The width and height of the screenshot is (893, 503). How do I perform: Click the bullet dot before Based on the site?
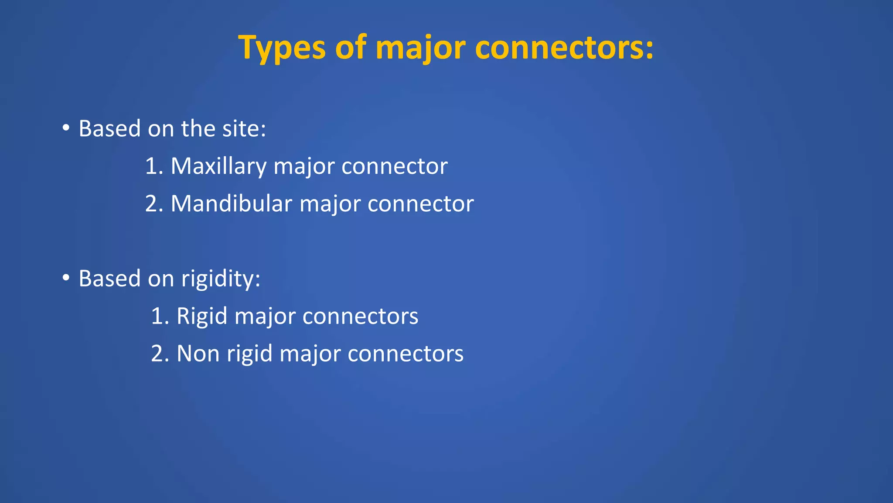point(66,128)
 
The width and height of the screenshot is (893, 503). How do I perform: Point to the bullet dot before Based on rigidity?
point(66,278)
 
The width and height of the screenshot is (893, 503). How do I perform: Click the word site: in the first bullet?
point(244,128)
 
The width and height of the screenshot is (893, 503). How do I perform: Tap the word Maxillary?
point(218,166)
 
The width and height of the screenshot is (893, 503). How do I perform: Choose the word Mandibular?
point(231,204)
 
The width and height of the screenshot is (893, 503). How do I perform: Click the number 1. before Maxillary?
point(154,166)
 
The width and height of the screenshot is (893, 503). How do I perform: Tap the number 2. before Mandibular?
point(154,204)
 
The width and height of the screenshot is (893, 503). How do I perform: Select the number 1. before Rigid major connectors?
point(160,316)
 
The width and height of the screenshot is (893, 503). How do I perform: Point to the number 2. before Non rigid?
point(160,353)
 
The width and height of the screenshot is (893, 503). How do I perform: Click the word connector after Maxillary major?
point(394,166)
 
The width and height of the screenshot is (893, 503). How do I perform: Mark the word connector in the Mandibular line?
point(420,204)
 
